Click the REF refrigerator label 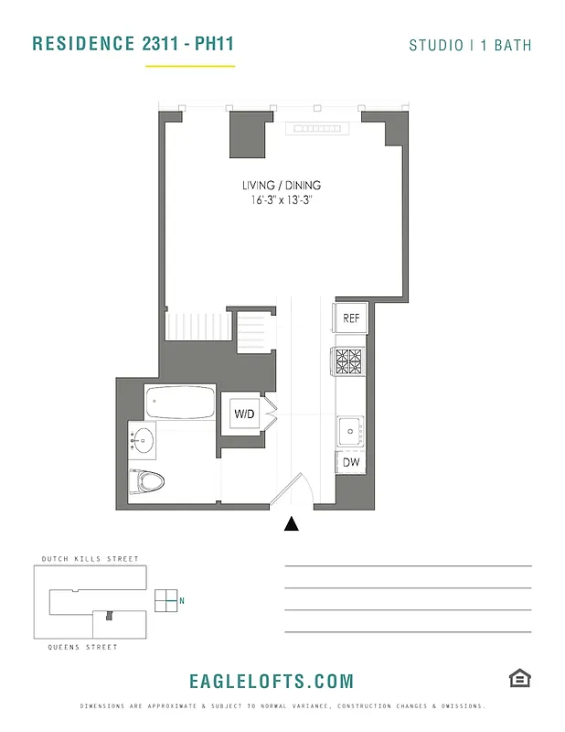tap(351, 318)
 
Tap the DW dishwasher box tap(351, 463)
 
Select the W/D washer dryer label tap(245, 414)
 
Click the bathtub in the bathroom tap(181, 403)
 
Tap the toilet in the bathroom tap(148, 479)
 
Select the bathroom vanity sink tap(143, 440)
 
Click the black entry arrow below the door tap(292, 523)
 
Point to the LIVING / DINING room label tap(282, 185)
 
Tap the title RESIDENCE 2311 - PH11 tap(126, 44)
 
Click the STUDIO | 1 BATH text tap(470, 45)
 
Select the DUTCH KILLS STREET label tap(90, 559)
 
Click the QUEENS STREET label tap(82, 647)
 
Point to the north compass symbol tap(167, 600)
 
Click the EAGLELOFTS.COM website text tap(272, 681)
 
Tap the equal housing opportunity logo tap(520, 678)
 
